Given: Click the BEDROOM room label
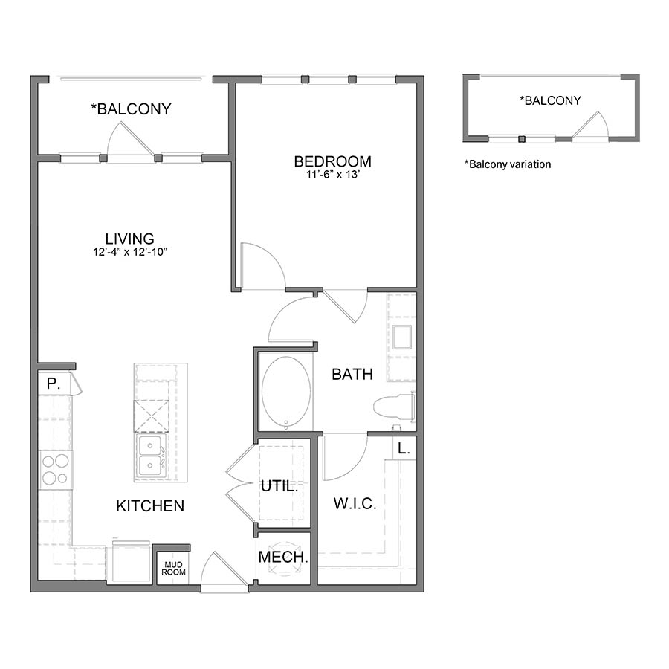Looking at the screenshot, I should [x=332, y=161].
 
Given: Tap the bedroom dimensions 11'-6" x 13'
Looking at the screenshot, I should [x=332, y=175].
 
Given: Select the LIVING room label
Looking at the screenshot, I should [x=129, y=239].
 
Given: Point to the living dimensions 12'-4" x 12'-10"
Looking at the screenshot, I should [x=129, y=252].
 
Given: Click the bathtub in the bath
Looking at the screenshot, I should [x=285, y=392].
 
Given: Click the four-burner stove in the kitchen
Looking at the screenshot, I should [x=56, y=470].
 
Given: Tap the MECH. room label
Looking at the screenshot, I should [x=282, y=557].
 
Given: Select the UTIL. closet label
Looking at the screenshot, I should [x=279, y=487].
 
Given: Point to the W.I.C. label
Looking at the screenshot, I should [x=355, y=504].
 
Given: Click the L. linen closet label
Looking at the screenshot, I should [x=403, y=448].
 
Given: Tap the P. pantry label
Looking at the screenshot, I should [x=53, y=384].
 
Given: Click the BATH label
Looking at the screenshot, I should [x=352, y=375].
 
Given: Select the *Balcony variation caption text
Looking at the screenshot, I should [x=508, y=164].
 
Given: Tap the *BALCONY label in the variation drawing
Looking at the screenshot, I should [x=550, y=100].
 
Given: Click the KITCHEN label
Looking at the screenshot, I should [x=150, y=506].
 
